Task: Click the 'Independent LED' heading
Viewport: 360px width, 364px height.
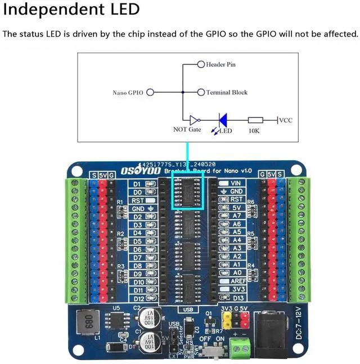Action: pyautogui.click(x=71, y=10)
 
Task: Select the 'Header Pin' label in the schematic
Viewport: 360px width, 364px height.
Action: pyautogui.click(x=220, y=65)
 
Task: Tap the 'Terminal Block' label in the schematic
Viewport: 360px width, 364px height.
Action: pyautogui.click(x=227, y=92)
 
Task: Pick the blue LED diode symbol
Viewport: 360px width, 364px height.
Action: pyautogui.click(x=223, y=120)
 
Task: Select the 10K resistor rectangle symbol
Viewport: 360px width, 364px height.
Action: pyautogui.click(x=255, y=120)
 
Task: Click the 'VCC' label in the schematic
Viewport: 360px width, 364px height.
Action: pyautogui.click(x=286, y=120)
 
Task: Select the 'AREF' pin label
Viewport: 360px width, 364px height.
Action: pyautogui.click(x=237, y=281)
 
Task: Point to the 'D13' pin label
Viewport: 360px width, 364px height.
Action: pyautogui.click(x=238, y=298)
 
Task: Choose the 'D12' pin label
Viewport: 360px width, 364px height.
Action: pyautogui.click(x=137, y=298)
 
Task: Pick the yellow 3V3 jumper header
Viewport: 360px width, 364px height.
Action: pyautogui.click(x=227, y=320)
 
